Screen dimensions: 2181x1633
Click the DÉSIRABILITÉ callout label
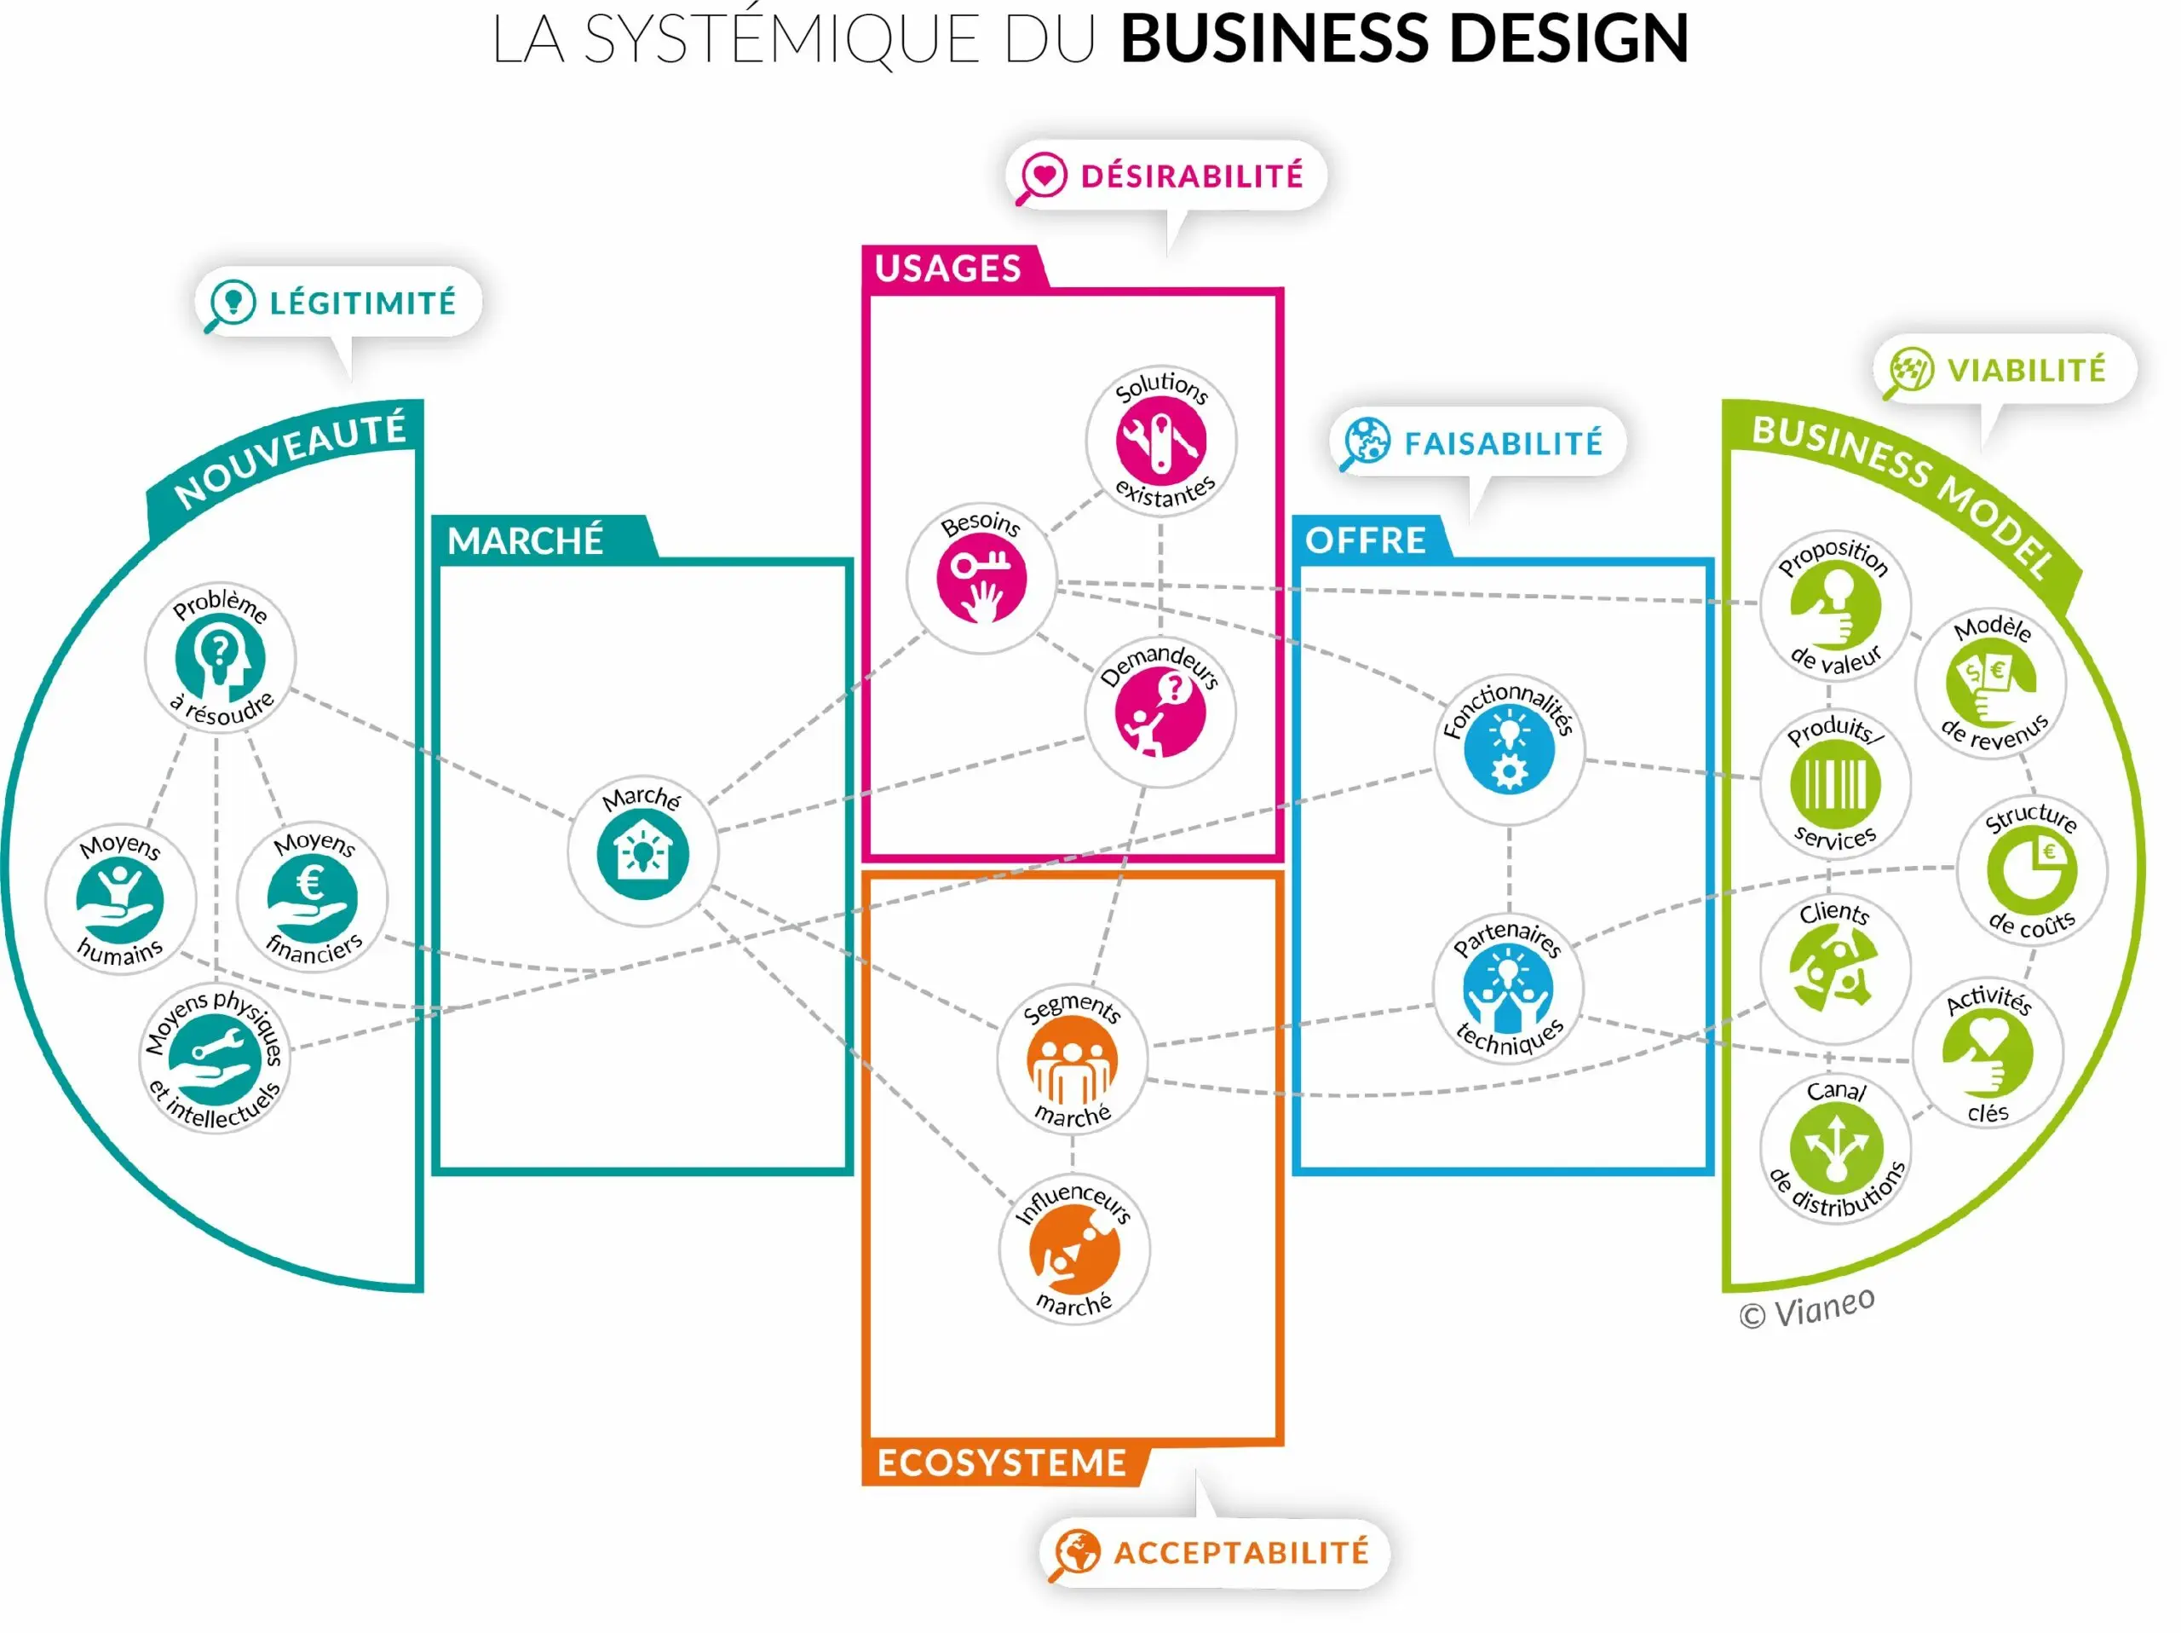tap(1191, 176)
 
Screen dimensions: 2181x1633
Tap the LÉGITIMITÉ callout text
tap(363, 303)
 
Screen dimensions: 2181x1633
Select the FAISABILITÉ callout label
tap(1503, 444)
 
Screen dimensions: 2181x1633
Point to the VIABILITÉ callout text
tap(2026, 371)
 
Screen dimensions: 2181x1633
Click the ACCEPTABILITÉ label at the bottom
tap(1241, 1552)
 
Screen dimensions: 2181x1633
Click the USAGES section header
tap(947, 268)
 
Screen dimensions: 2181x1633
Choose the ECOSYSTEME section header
tap(1002, 1463)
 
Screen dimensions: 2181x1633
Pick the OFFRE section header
tap(1366, 540)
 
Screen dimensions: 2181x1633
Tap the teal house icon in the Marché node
tap(643, 854)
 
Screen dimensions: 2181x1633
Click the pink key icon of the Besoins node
tap(981, 578)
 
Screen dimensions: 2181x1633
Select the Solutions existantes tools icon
tap(1161, 440)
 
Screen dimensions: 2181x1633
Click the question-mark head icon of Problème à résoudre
tap(220, 658)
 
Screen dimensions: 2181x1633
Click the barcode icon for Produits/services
tap(1835, 784)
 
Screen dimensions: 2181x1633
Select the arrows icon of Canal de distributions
tap(1835, 1147)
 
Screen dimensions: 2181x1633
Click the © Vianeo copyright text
tap(1806, 1308)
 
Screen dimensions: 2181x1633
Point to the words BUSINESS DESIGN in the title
tap(1404, 39)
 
